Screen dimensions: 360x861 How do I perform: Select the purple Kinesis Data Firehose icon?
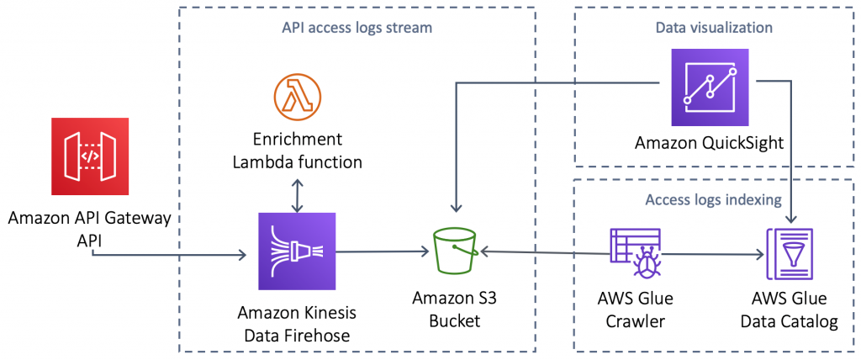point(295,251)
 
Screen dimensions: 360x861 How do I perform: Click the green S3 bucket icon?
point(454,251)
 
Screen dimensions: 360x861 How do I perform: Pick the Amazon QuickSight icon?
point(710,87)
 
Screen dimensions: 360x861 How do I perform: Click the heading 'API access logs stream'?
point(357,28)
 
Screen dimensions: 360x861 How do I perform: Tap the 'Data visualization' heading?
point(714,28)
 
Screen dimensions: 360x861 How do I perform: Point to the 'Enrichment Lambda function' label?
point(297,149)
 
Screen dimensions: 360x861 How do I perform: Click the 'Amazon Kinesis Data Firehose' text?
point(297,323)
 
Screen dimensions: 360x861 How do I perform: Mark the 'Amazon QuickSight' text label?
point(709,143)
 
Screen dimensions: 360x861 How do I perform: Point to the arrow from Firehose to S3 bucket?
point(378,251)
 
